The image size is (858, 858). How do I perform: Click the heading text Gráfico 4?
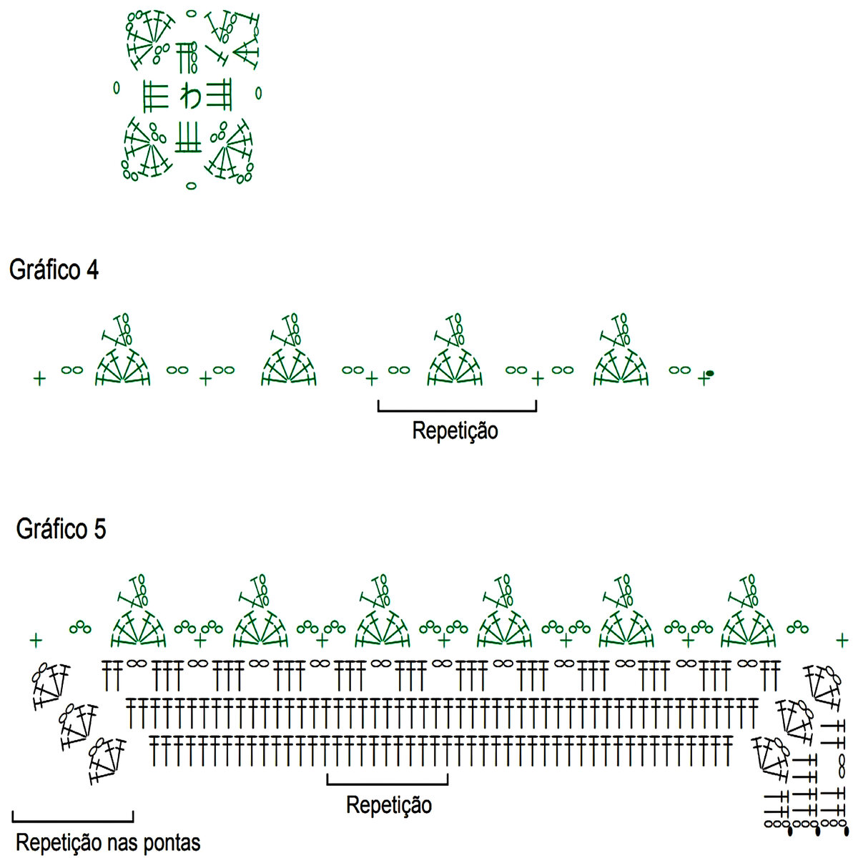tap(54, 270)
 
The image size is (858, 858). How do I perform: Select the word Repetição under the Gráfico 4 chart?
tap(455, 431)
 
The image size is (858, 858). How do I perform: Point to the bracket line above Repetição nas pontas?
tap(73, 819)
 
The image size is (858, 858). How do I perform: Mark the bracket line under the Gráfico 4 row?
tap(457, 410)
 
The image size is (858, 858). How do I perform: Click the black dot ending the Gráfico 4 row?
tap(710, 373)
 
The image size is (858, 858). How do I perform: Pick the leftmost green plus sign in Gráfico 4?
tap(39, 378)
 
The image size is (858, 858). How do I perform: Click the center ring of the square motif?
tap(191, 96)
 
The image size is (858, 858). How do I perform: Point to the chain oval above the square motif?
tap(190, 13)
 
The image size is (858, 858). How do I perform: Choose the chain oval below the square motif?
tap(191, 186)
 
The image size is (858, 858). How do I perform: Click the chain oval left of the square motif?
tap(117, 89)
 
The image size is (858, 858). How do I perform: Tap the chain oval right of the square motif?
tap(259, 92)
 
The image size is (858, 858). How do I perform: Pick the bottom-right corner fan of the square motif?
tap(230, 152)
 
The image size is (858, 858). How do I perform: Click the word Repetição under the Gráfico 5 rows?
tap(389, 805)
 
